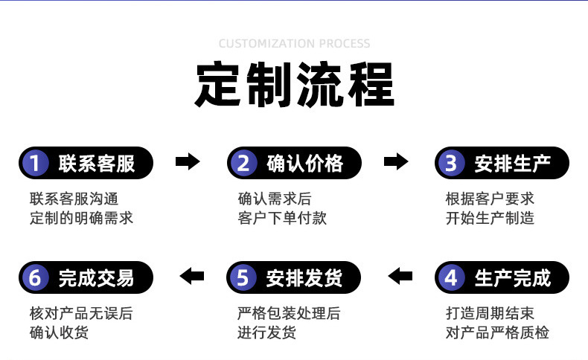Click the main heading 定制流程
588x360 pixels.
pos(294,85)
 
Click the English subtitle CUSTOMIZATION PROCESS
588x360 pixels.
pos(294,44)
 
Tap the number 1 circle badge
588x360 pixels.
pos(34,163)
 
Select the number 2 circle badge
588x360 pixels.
pos(243,163)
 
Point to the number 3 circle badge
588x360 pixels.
pos(450,163)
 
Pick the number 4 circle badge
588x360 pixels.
pos(450,277)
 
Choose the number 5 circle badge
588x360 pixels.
pos(243,277)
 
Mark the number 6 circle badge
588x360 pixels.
pos(34,277)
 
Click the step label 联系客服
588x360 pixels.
pos(97,163)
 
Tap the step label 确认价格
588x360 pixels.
pos(305,163)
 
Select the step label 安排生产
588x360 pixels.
pos(513,163)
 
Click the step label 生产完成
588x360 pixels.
pos(513,277)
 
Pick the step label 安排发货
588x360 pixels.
pos(305,277)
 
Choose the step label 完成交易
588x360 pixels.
pos(97,277)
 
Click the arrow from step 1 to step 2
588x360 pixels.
pos(188,161)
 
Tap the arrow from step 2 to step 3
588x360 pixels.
pos(396,161)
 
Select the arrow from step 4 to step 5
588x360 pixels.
pos(400,277)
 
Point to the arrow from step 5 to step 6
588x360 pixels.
pos(191,277)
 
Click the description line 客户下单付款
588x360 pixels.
pos(282,219)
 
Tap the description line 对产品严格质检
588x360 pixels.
pos(497,332)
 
